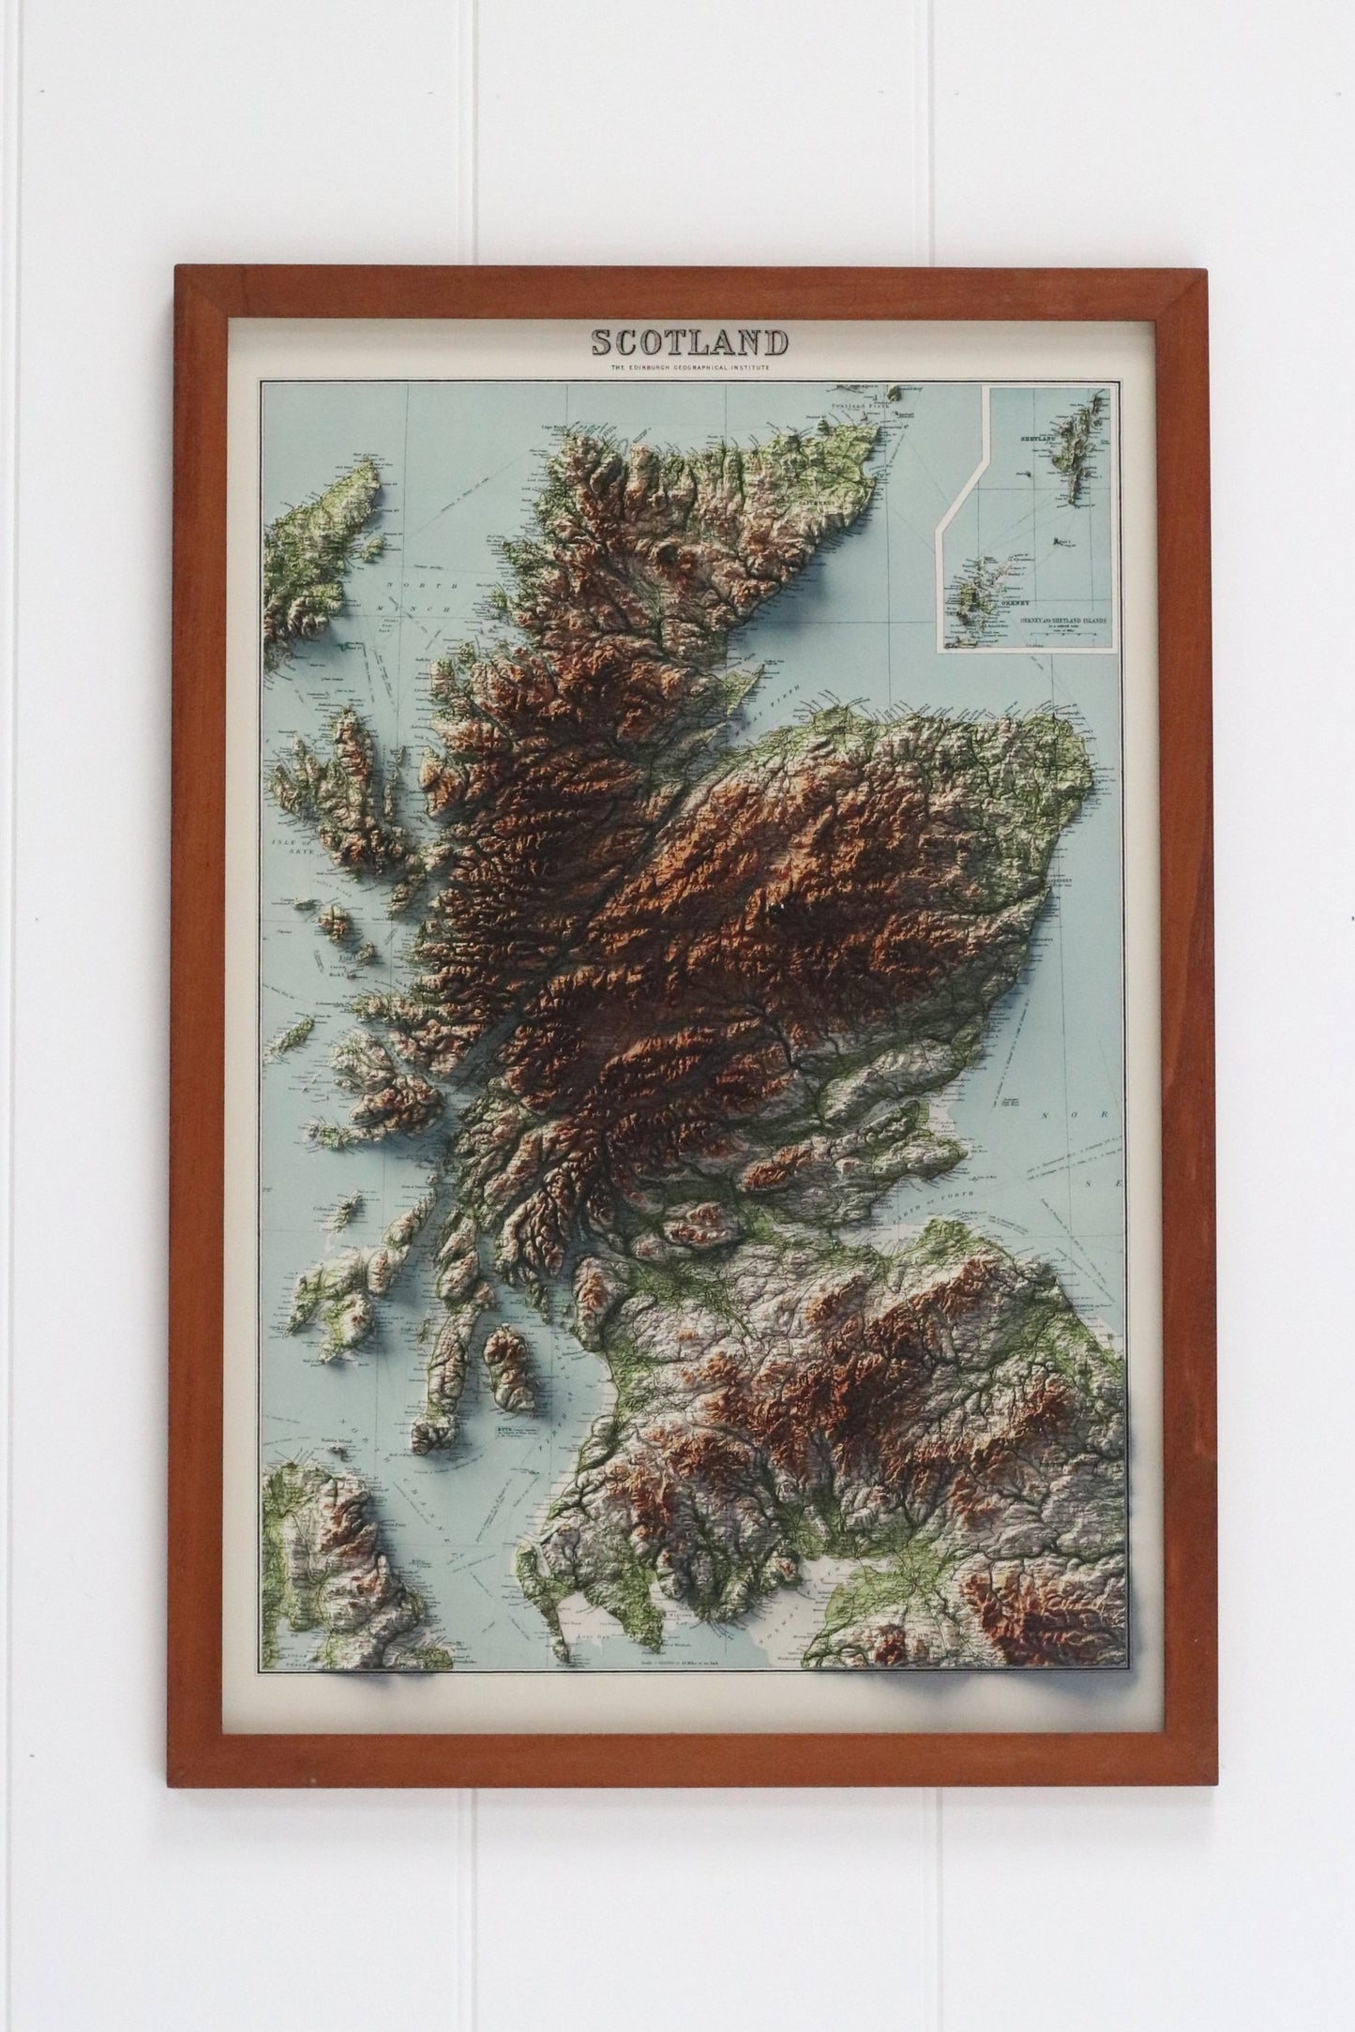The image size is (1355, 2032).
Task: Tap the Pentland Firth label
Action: pyautogui.click(x=854, y=407)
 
